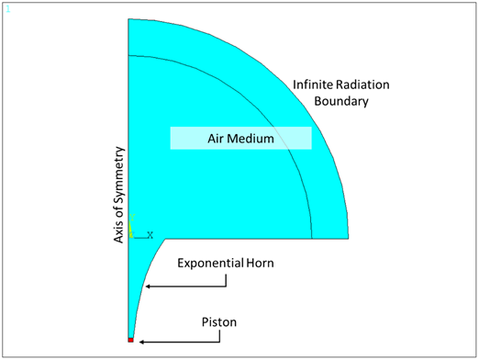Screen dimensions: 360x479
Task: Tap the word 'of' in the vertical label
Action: click(118, 208)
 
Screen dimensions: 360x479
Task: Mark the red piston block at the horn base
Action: click(131, 341)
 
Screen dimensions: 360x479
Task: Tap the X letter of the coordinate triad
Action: click(150, 234)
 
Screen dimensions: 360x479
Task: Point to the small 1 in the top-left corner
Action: click(7, 8)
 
